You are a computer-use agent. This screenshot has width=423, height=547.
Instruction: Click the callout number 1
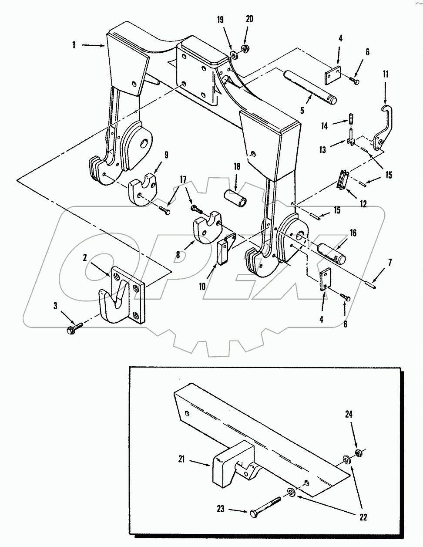[x=74, y=45]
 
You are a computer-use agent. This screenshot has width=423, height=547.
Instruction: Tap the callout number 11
[x=385, y=74]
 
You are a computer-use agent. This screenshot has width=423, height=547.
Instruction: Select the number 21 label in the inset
[x=181, y=459]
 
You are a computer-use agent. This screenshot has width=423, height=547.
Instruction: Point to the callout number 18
[x=237, y=167]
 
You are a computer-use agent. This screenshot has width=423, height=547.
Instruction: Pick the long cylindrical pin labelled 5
[x=310, y=87]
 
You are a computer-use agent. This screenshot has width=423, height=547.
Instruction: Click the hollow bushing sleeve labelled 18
[x=235, y=199]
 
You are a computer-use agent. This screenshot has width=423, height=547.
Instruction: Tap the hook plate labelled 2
[x=122, y=295]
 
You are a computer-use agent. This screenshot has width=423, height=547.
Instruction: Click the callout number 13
[x=322, y=150]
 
